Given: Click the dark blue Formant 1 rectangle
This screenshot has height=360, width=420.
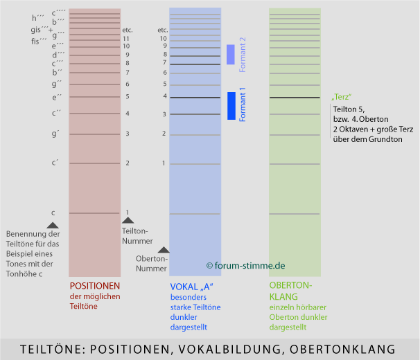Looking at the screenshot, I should pos(231,105).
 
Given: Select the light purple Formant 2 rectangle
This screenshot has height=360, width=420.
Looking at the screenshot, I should pos(231,55).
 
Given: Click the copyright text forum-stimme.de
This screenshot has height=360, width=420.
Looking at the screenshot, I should pos(245,265).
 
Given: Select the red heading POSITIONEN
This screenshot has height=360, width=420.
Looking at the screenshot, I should pos(95,286).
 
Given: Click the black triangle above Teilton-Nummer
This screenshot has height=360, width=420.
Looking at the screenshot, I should pos(128,219).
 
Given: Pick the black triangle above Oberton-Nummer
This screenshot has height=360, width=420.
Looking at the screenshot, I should pos(164,249).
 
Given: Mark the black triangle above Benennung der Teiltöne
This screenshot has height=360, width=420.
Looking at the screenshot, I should pos(53,224).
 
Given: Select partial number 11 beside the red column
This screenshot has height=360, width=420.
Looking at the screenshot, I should pos(127,39).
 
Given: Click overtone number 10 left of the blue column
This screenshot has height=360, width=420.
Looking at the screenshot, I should pos(164,39).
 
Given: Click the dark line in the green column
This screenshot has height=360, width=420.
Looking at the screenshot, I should pos(295,98).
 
